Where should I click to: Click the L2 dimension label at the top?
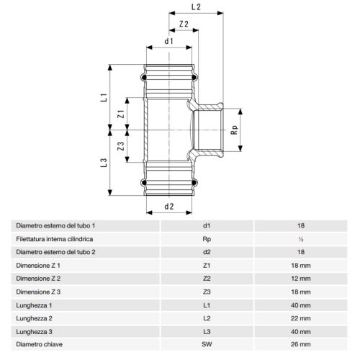coord(196,7)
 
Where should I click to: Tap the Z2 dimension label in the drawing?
coord(184,24)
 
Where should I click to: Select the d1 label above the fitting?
coord(168,41)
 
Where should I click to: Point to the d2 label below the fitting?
coord(169,207)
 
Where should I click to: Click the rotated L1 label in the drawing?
coord(104,97)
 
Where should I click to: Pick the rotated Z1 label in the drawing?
coord(121,114)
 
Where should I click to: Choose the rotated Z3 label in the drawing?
coord(121,146)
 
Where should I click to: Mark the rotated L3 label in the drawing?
coord(104,163)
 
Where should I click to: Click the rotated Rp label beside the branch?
coord(234,130)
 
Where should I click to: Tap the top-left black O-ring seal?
coord(144,78)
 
